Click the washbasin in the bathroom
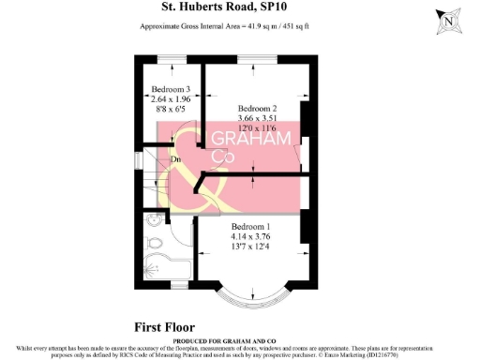pyautogui.click(x=153, y=246)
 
